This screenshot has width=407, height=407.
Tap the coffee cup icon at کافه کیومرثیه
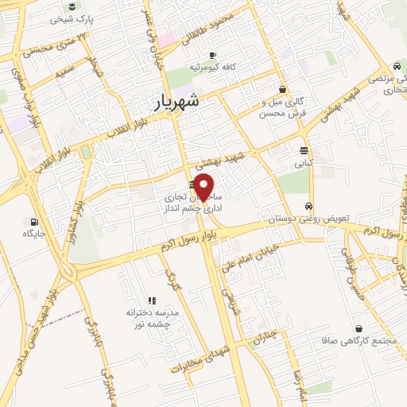[212, 55]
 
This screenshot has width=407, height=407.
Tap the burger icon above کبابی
[304, 150]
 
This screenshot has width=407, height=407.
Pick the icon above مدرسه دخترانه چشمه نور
[152, 300]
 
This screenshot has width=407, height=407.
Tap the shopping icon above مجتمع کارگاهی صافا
[359, 328]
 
